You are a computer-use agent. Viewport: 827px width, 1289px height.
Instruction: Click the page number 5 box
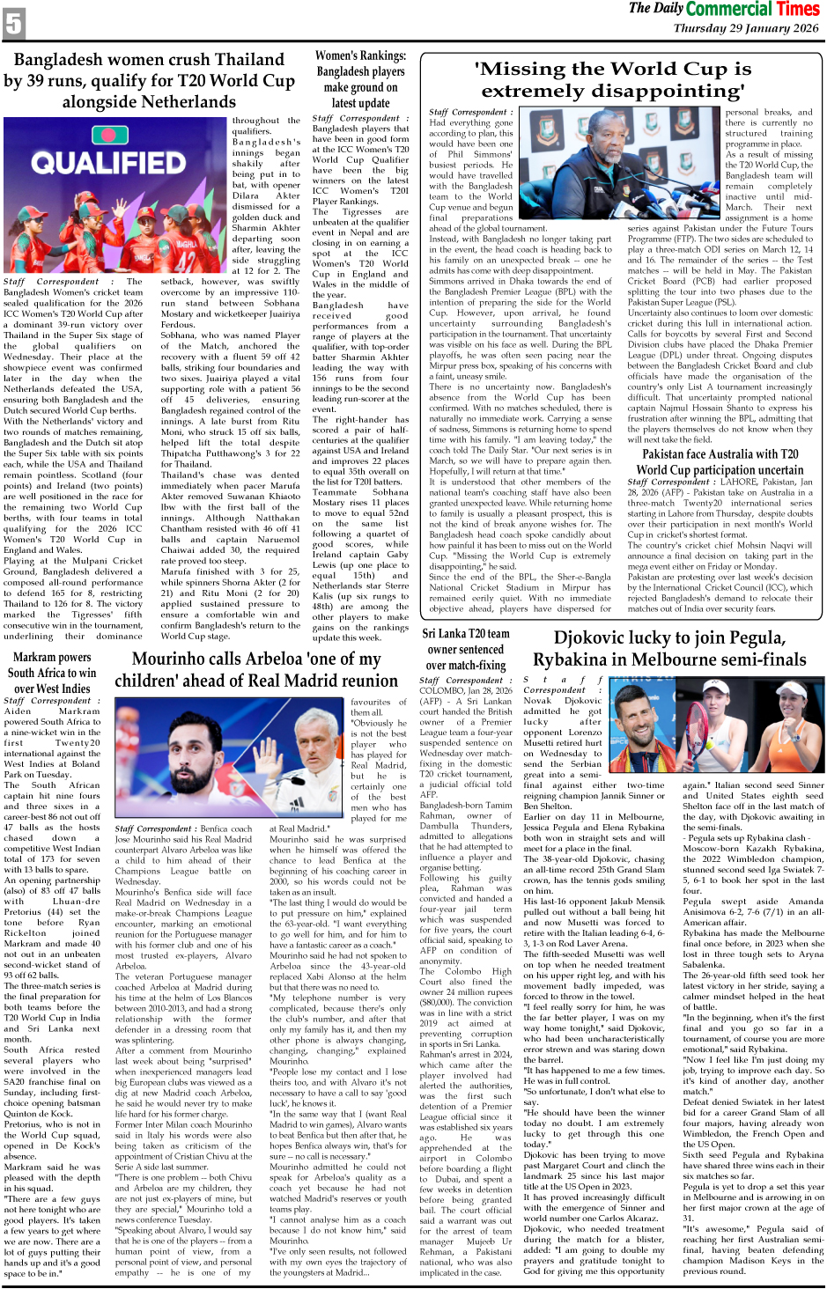14,22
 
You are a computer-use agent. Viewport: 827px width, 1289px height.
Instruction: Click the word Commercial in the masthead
730,9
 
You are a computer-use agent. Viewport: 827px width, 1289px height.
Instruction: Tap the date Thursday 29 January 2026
746,28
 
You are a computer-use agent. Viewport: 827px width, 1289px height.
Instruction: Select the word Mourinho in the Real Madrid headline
170,659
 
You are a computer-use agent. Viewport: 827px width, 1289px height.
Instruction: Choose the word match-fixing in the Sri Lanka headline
466,666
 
